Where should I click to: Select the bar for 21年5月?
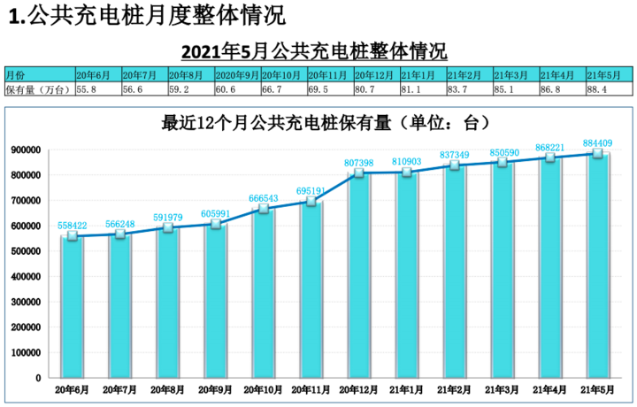tap(598, 265)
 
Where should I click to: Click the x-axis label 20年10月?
tap(263, 389)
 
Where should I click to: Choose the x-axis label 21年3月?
tap(503, 389)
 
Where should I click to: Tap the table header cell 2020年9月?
tap(236, 75)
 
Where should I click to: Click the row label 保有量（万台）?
tap(39, 89)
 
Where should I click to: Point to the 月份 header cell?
tap(39, 75)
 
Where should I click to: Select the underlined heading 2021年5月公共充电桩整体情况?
tap(314, 49)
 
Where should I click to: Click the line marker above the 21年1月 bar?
tap(406, 173)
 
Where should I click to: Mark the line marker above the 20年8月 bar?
tap(167, 228)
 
